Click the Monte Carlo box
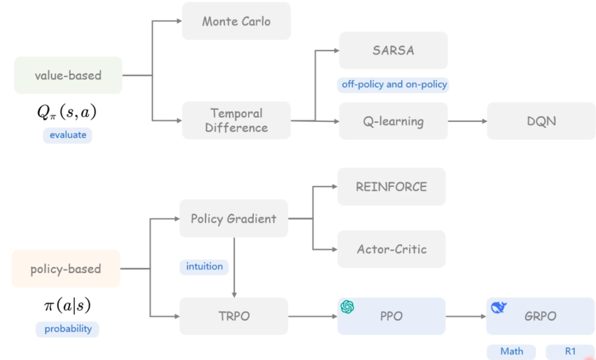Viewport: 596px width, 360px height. click(236, 21)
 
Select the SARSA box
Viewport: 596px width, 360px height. click(393, 50)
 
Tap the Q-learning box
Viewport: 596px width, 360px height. click(393, 121)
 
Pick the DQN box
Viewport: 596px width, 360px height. click(541, 121)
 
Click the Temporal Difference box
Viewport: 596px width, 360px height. click(236, 120)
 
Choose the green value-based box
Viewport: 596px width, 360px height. click(68, 75)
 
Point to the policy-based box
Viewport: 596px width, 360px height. click(66, 269)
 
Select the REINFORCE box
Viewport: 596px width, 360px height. click(391, 187)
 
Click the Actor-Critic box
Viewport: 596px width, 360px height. click(391, 249)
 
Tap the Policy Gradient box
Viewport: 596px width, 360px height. click(233, 218)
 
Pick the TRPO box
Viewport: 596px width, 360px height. click(233, 316)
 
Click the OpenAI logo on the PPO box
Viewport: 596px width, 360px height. click(347, 307)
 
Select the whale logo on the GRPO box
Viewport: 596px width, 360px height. click(498, 308)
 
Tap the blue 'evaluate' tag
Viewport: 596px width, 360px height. click(68, 136)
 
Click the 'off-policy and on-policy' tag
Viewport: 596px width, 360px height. click(394, 84)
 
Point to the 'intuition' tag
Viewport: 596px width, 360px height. click(204, 267)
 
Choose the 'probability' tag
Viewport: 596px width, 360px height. click(68, 329)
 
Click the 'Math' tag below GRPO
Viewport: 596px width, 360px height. click(511, 352)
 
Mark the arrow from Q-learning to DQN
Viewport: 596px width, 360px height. click(467, 121)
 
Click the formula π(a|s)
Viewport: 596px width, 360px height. click(67, 306)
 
